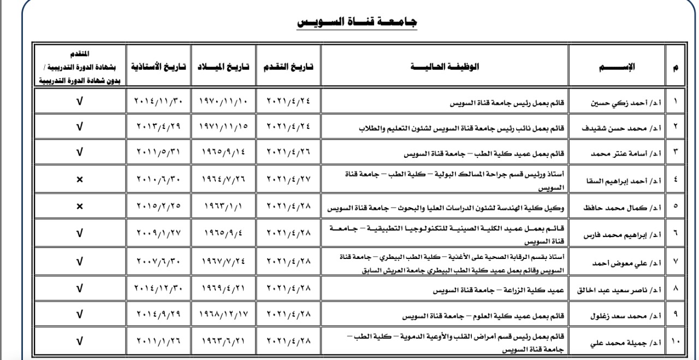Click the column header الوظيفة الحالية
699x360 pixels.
445,66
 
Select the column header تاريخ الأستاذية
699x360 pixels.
158,66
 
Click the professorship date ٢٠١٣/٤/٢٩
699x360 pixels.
158,127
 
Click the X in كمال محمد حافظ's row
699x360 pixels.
80,207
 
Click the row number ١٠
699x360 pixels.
676,343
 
